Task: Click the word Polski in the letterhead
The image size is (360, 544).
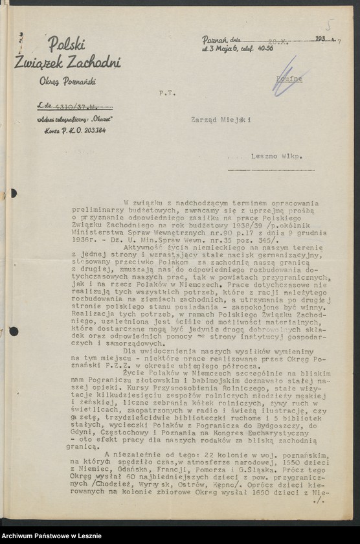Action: tap(66, 44)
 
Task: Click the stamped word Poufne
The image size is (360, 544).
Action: tap(289, 79)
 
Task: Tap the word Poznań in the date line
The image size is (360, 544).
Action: tap(214, 40)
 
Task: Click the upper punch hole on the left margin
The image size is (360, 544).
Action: tap(13, 193)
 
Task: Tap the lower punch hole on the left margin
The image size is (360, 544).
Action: tap(13, 331)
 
